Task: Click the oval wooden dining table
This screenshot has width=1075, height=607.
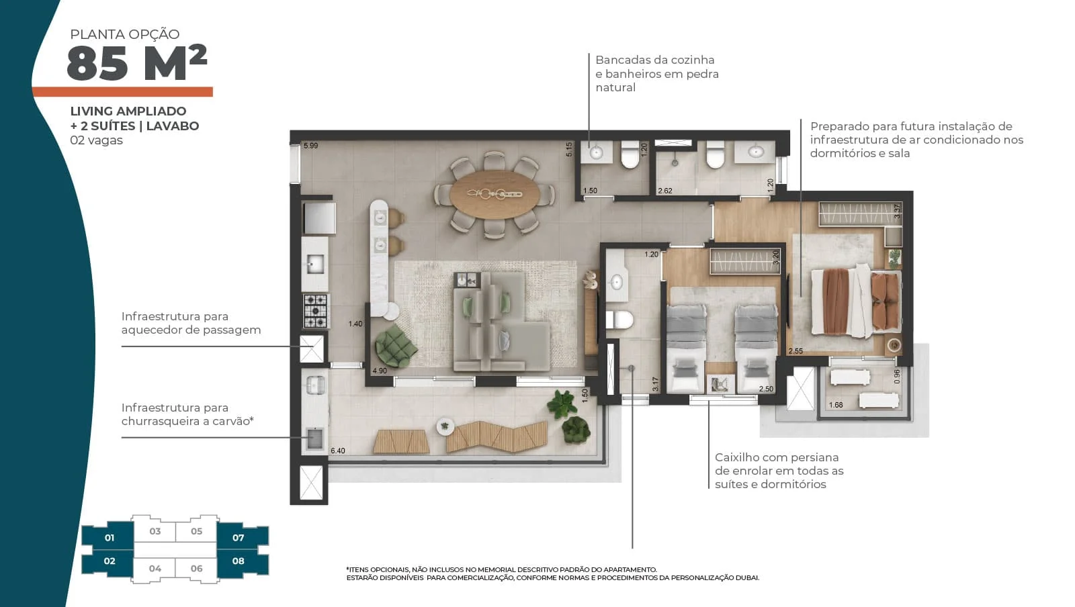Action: [x=494, y=194]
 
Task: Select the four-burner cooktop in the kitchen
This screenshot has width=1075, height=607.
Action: [x=315, y=311]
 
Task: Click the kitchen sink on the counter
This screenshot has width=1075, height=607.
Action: [x=315, y=264]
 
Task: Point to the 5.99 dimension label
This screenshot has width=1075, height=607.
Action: [x=310, y=146]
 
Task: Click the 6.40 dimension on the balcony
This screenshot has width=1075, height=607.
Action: [x=338, y=451]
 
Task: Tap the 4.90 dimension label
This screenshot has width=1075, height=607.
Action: [x=380, y=371]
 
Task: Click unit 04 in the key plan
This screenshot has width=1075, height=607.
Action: [x=155, y=569]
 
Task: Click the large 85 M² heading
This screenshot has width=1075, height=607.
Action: [x=137, y=63]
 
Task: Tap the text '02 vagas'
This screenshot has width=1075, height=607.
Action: [x=97, y=140]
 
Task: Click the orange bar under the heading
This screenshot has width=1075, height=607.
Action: [x=122, y=91]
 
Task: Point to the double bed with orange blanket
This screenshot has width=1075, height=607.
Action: [x=856, y=301]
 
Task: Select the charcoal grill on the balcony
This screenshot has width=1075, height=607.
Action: [x=315, y=438]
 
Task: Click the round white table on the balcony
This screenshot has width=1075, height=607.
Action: [x=445, y=426]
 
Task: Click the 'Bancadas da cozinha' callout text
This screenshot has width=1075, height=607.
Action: [x=655, y=60]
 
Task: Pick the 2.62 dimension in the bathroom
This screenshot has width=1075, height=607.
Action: [x=664, y=191]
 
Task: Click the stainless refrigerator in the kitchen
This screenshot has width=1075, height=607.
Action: [x=319, y=218]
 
